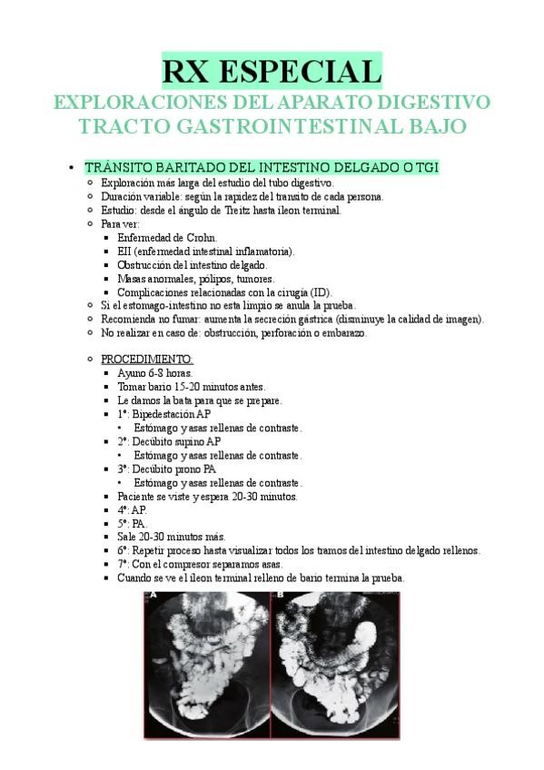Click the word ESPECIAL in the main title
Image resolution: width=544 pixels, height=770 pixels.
(312, 70)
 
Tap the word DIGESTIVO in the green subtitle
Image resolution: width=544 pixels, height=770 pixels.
(430, 100)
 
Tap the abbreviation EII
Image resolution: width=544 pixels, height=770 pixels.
(125, 251)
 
